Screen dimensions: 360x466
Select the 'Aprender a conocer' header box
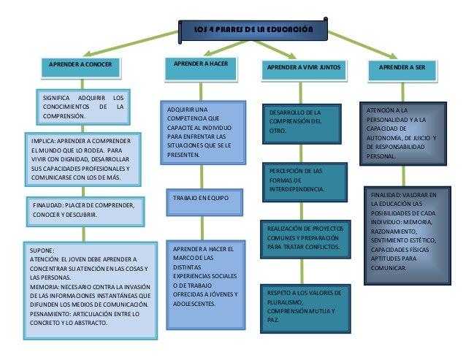coord(80,65)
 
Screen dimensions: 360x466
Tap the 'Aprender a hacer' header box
coord(200,65)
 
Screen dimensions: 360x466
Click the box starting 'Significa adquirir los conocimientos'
coord(83,107)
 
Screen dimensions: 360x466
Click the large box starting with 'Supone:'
coord(88,291)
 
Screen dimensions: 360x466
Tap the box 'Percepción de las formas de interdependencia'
coord(301,180)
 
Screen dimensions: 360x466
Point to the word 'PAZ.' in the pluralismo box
coord(274,321)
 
